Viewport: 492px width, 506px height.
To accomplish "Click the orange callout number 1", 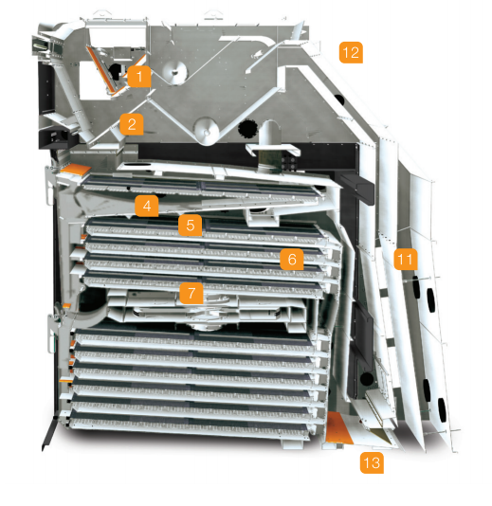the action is point(139,77).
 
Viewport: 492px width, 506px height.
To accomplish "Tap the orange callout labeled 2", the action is point(132,124).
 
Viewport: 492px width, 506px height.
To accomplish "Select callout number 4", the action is point(147,206).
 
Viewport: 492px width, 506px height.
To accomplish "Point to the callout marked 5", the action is point(191,226).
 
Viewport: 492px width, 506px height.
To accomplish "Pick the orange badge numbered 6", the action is point(292,259).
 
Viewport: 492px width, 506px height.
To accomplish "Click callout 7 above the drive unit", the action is point(191,293).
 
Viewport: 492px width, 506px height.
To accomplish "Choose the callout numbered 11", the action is point(406,259).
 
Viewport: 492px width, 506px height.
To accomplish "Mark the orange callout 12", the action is point(351,52).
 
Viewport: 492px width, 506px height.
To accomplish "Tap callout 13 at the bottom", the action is point(372,462).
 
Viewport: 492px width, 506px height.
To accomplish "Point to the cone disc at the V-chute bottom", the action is point(208,131).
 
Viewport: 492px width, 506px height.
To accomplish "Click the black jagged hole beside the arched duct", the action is point(247,129).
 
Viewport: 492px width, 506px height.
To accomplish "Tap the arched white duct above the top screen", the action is point(270,134).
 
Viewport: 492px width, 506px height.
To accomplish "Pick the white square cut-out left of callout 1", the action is point(93,81).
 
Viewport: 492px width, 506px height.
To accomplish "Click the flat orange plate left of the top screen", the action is point(75,170).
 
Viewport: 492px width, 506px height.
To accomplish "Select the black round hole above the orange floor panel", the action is point(367,379).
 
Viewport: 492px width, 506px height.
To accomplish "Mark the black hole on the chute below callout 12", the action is point(339,99).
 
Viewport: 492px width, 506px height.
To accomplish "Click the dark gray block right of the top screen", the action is point(357,188).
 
